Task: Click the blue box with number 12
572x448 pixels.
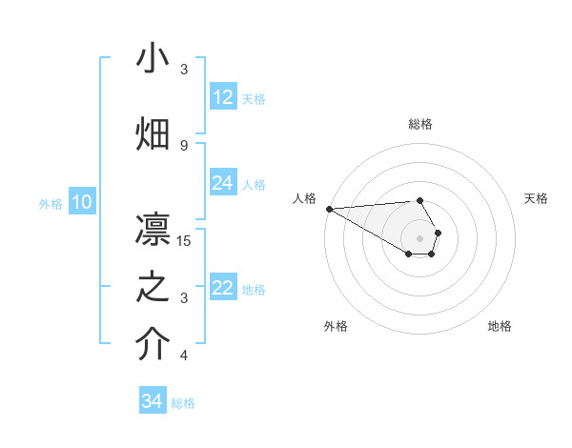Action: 223,97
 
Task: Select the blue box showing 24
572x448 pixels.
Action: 223,183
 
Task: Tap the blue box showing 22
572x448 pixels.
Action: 223,288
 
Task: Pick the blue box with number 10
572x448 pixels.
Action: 82,202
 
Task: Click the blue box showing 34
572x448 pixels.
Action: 153,401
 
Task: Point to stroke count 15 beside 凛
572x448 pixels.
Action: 184,240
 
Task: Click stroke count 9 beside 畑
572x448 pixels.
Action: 184,145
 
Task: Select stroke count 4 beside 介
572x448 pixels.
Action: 184,356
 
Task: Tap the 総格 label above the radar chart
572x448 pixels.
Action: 420,124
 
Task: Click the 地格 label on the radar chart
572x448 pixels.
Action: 500,326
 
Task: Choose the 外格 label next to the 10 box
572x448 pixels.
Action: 50,203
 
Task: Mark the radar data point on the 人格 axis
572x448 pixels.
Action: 329,209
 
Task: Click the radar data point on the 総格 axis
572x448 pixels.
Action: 420,200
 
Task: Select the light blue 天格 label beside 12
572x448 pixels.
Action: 254,98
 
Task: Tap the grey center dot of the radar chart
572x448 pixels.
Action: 420,237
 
